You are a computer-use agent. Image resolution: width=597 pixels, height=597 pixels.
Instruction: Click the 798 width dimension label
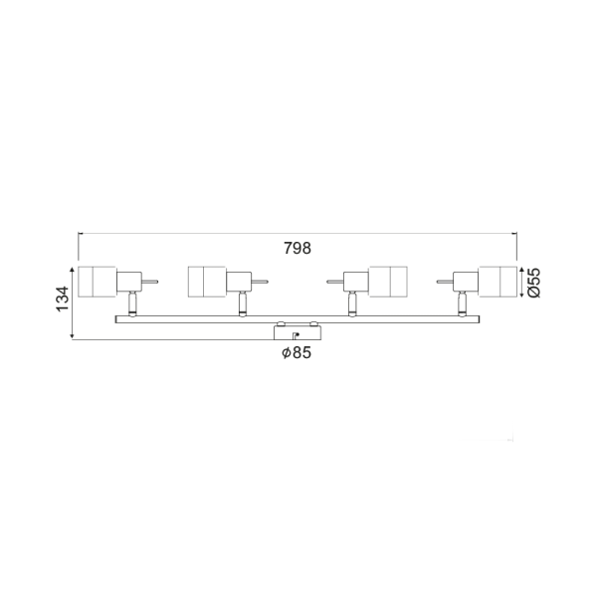pos(298,248)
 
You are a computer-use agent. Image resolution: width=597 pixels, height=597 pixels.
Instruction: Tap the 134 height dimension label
pos(63,298)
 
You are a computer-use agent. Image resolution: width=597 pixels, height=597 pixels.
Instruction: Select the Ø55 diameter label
pos(533,283)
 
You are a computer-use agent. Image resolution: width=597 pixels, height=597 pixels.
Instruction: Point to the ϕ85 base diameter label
pos(297,352)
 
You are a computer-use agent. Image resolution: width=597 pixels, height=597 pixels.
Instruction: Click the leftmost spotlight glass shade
pos(98,282)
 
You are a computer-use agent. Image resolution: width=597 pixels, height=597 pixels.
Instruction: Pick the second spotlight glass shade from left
pos(207,282)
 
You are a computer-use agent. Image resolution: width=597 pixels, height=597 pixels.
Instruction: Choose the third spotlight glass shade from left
pos(388,282)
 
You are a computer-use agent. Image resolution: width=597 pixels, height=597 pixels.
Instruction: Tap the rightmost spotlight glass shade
pos(498,282)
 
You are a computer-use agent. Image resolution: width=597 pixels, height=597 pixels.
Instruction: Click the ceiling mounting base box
pos(298,332)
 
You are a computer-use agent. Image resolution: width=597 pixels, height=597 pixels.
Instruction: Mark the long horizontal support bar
pos(298,319)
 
